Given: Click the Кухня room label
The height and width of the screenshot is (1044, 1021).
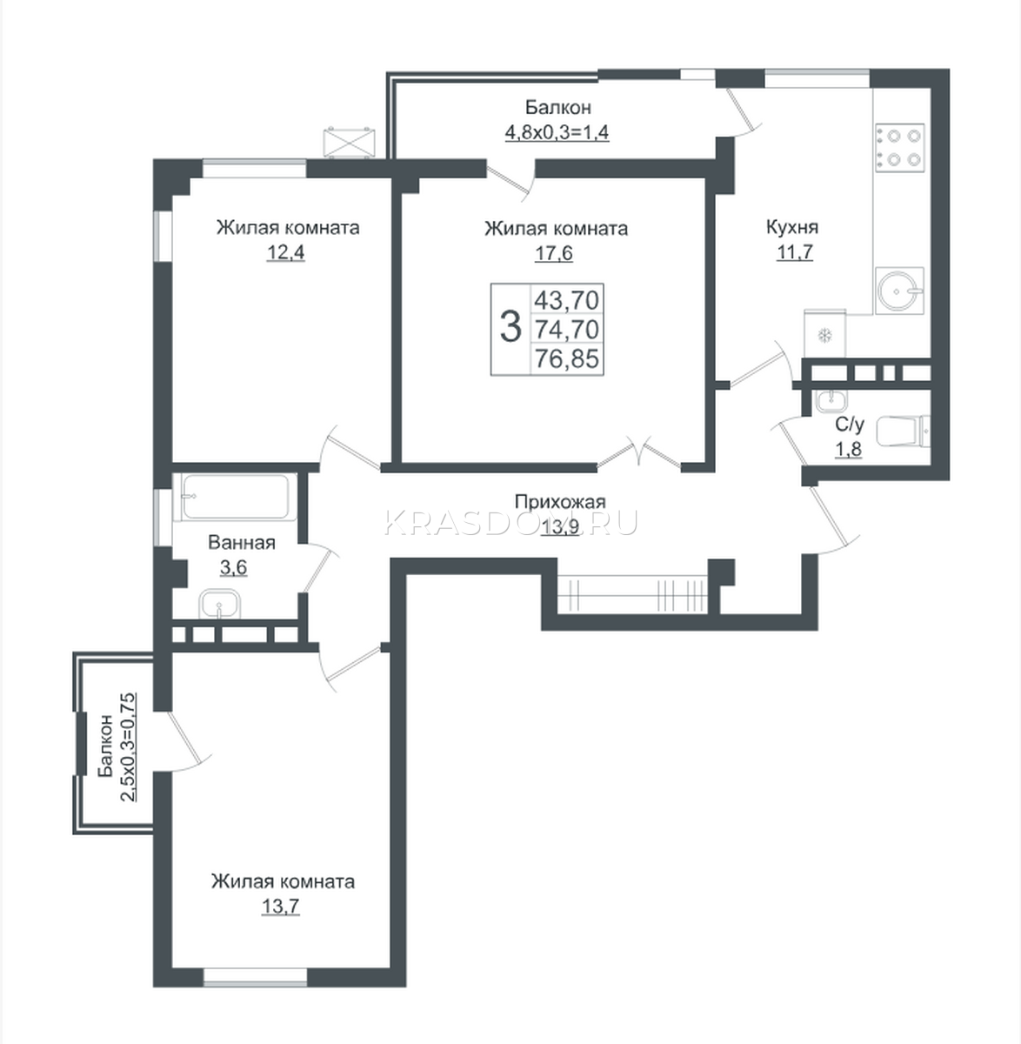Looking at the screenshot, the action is coord(792,227).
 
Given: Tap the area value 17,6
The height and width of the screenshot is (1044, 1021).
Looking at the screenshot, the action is coord(553,253).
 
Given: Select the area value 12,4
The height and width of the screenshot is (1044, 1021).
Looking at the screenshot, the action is coord(285,252).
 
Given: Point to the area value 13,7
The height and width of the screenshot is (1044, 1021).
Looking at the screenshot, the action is coord(280,907).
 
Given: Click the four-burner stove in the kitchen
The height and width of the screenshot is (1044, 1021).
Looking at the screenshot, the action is coord(900,148).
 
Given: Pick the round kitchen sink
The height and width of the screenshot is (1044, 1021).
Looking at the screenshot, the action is coord(899,291).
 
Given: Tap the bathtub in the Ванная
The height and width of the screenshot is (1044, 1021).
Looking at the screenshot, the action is coord(238,496).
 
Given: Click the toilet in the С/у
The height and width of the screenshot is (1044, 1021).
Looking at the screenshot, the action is coord(904,431).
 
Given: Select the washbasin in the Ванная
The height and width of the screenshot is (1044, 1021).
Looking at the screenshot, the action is coord(220,604).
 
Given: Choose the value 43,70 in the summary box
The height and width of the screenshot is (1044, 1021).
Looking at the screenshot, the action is coord(567,300).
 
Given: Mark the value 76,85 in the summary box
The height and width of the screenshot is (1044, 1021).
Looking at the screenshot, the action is coord(567,358).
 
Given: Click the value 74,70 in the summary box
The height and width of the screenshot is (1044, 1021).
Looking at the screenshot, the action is coord(567,329).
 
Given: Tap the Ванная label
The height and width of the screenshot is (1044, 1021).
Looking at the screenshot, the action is coord(241,543).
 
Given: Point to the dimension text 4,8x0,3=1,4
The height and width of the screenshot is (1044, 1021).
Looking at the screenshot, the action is coord(557,132).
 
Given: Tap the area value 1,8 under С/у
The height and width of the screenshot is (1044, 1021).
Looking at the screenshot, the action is coord(848,449).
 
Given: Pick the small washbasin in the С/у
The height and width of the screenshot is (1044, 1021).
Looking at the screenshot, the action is coord(831,401).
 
